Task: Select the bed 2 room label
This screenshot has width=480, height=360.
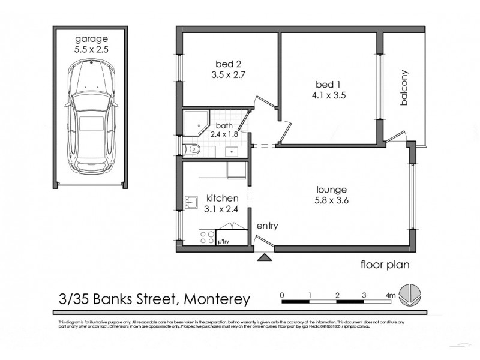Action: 226,64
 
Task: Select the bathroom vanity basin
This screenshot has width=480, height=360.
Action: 230,151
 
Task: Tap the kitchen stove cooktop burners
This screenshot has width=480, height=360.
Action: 208,237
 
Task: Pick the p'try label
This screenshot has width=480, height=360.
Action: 224,241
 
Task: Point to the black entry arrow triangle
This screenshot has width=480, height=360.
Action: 264,258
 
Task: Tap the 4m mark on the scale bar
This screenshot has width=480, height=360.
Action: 391,295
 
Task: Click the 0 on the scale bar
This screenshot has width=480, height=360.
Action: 282,295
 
